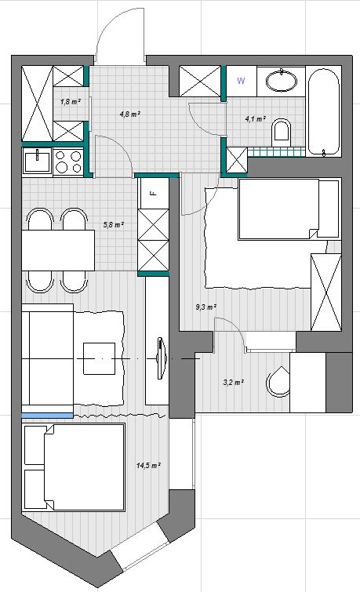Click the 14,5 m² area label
[147, 465]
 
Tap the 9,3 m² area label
[205, 307]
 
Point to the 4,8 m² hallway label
[129, 114]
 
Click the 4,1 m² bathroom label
[256, 119]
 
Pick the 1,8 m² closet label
[70, 102]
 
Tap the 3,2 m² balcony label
[233, 383]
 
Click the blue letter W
[241, 81]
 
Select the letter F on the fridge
[153, 191]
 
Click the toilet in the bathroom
[282, 131]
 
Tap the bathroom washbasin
[282, 80]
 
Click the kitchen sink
[36, 162]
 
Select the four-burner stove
[68, 162]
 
